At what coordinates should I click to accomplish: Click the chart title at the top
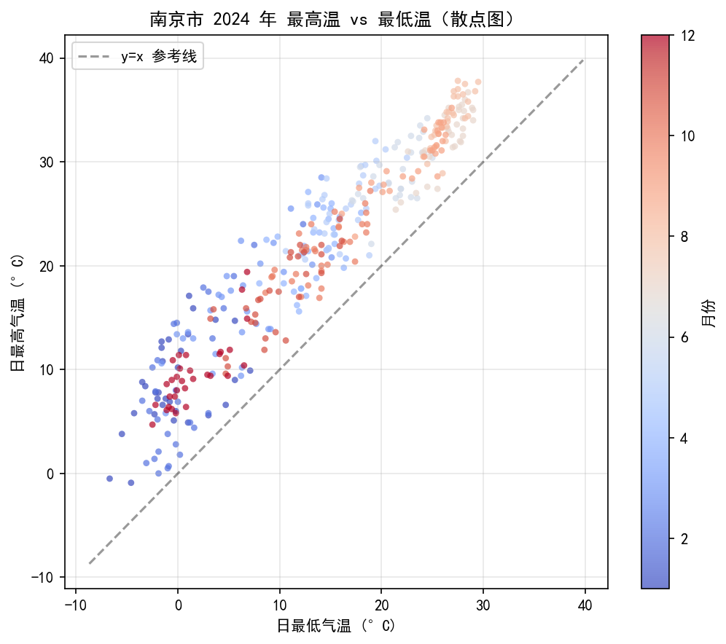tap(332, 20)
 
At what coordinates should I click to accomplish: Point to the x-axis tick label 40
tap(585, 605)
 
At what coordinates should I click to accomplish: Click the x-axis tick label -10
tap(76, 605)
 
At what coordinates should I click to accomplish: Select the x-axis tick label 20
tap(381, 605)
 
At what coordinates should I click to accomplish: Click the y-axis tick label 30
tap(46, 162)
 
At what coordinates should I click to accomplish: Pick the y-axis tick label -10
tap(42, 578)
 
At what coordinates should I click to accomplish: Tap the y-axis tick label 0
tap(50, 474)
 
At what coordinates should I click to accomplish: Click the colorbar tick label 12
tap(688, 36)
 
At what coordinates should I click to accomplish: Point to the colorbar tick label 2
tap(684, 539)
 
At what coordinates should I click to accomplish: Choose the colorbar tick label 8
tap(684, 237)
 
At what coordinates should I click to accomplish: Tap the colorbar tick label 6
tap(684, 338)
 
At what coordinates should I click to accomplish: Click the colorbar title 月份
tap(709, 313)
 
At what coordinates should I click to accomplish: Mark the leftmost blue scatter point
tap(110, 479)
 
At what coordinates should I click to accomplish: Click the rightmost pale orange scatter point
tap(478, 82)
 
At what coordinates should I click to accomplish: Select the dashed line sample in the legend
tap(94, 57)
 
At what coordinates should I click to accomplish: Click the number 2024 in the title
tap(232, 20)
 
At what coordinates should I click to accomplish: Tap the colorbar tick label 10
tap(688, 136)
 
